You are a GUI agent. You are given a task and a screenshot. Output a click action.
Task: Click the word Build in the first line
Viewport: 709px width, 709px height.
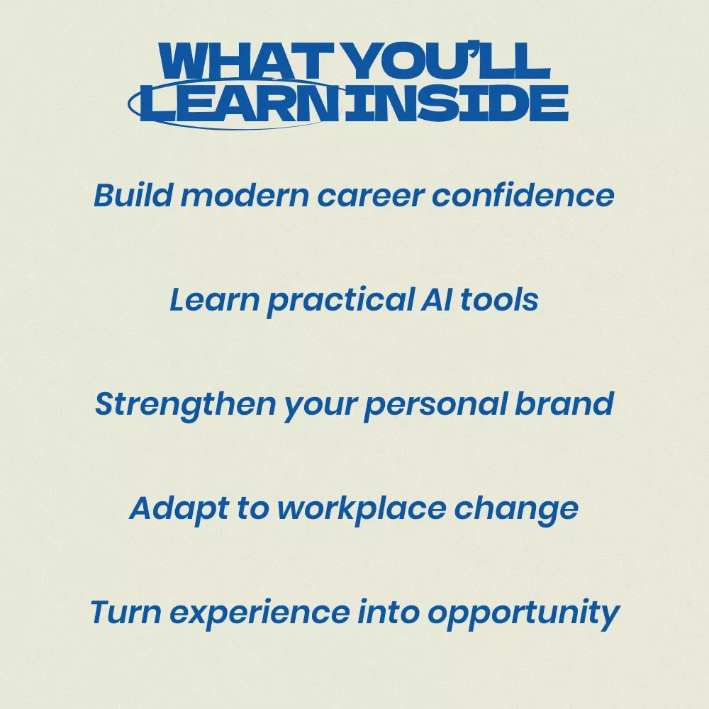(x=133, y=196)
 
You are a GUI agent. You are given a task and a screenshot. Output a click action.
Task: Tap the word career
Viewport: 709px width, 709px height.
(x=370, y=198)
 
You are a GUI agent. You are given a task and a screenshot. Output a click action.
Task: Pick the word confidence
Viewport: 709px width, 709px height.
(x=523, y=196)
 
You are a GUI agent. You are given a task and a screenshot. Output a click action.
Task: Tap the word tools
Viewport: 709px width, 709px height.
(x=499, y=299)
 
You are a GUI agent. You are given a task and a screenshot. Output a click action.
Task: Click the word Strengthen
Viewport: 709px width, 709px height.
(x=185, y=405)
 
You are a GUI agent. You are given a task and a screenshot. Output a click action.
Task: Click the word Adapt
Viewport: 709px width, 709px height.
(x=179, y=509)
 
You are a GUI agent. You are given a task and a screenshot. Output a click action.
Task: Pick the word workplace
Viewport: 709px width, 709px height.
(x=362, y=509)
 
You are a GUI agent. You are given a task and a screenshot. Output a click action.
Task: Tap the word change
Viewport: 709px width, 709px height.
(x=516, y=509)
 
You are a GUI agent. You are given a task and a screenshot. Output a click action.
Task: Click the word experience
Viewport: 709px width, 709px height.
(x=259, y=613)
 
